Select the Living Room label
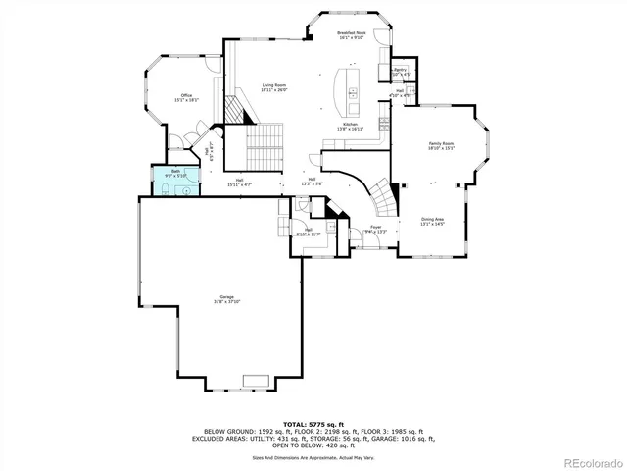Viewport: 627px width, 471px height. tap(273, 88)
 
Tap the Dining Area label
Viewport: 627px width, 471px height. tap(432, 221)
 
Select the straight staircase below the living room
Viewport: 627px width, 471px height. tap(263, 147)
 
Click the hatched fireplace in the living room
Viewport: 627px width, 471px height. tap(235, 108)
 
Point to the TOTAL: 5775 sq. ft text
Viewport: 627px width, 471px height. tap(313, 423)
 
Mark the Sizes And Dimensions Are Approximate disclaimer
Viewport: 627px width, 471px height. tap(313, 457)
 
